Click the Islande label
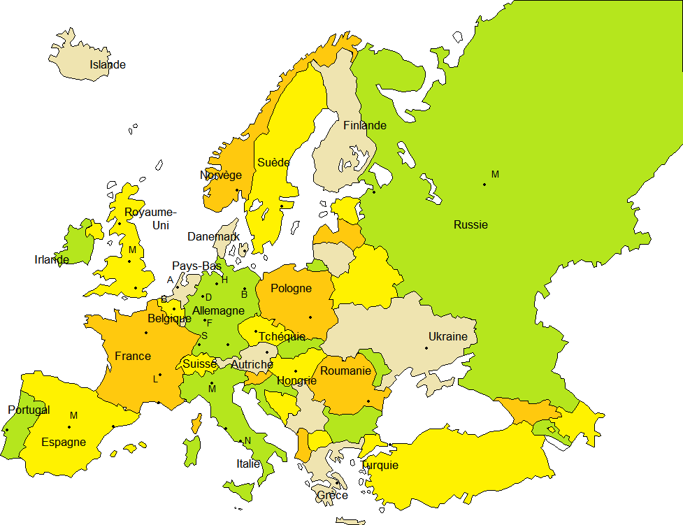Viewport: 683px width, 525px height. pyautogui.click(x=108, y=65)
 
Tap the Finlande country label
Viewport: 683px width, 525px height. pyautogui.click(x=364, y=126)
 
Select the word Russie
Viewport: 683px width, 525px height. pyautogui.click(x=470, y=225)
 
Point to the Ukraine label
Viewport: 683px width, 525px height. pyautogui.click(x=447, y=336)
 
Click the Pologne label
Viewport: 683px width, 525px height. pyautogui.click(x=291, y=289)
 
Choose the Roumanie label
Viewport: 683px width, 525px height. pyautogui.click(x=345, y=371)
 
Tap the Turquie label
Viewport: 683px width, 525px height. pyautogui.click(x=380, y=465)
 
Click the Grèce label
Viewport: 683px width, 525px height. pyautogui.click(x=332, y=495)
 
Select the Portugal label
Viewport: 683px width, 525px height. pyautogui.click(x=29, y=410)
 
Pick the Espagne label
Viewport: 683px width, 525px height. pyautogui.click(x=64, y=442)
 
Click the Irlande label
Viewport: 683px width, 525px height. pyautogui.click(x=52, y=260)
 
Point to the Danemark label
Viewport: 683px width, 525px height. pyautogui.click(x=213, y=236)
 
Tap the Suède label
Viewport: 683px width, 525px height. pyautogui.click(x=273, y=162)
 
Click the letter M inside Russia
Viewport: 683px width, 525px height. pyautogui.click(x=495, y=174)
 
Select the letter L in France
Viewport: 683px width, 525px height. pyautogui.click(x=155, y=379)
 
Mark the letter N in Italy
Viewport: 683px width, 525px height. pyautogui.click(x=247, y=440)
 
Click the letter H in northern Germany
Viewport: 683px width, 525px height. pyautogui.click(x=224, y=280)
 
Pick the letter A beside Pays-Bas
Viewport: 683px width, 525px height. pyautogui.click(x=170, y=280)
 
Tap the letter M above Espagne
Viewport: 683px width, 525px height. pyautogui.click(x=73, y=416)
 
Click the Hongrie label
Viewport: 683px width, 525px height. pyautogui.click(x=296, y=381)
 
